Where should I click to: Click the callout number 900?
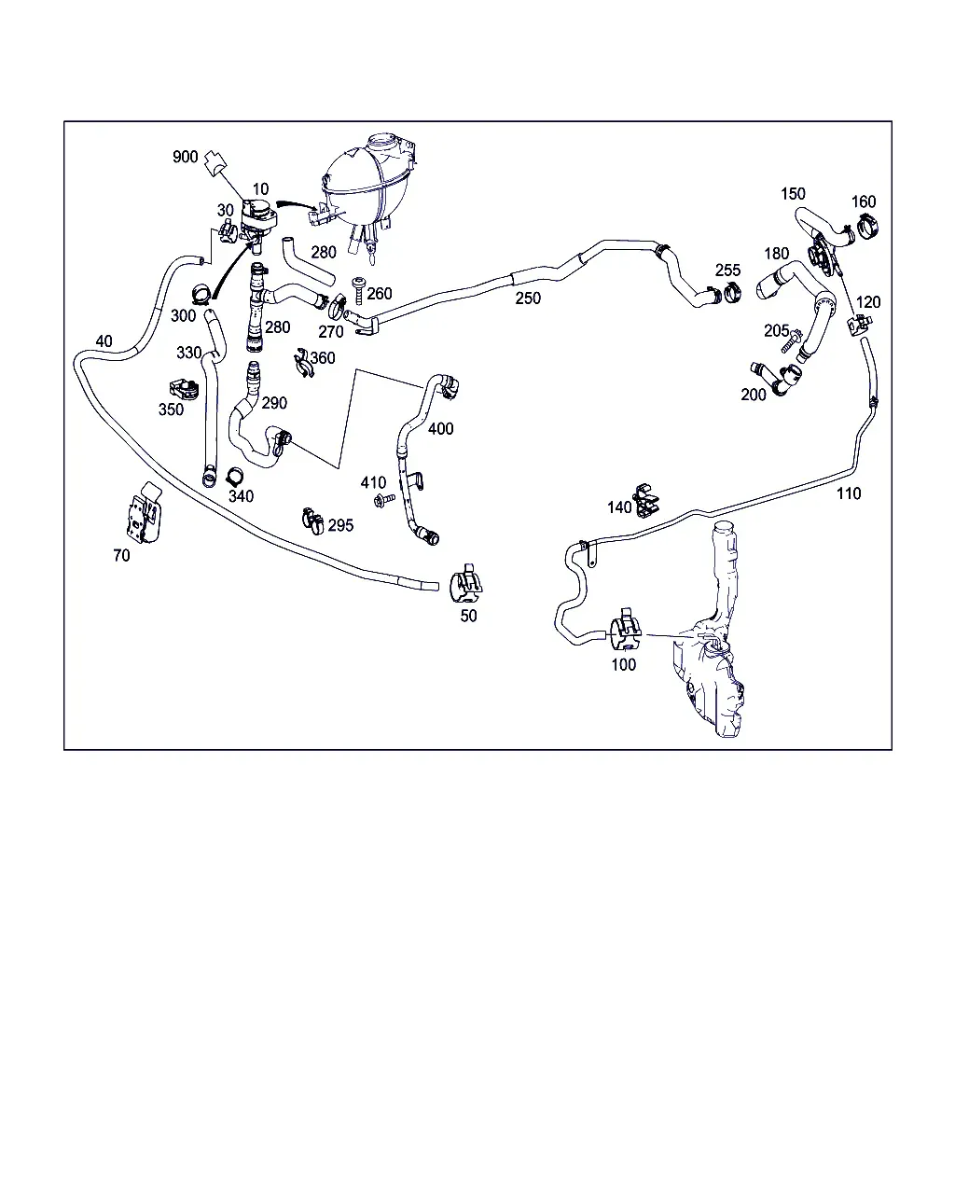point(185,157)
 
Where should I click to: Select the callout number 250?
point(528,298)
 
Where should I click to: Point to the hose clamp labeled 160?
point(868,225)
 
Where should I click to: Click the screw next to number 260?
point(359,290)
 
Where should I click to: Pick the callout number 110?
point(849,493)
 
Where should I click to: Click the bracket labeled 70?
point(145,513)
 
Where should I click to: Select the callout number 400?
point(440,429)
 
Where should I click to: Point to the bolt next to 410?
point(385,500)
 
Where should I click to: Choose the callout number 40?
point(104,340)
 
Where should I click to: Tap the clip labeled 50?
point(465,584)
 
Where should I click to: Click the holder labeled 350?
point(183,389)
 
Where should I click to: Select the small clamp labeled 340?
point(235,476)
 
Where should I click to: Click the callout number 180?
point(776,254)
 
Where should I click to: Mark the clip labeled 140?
point(646,500)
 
